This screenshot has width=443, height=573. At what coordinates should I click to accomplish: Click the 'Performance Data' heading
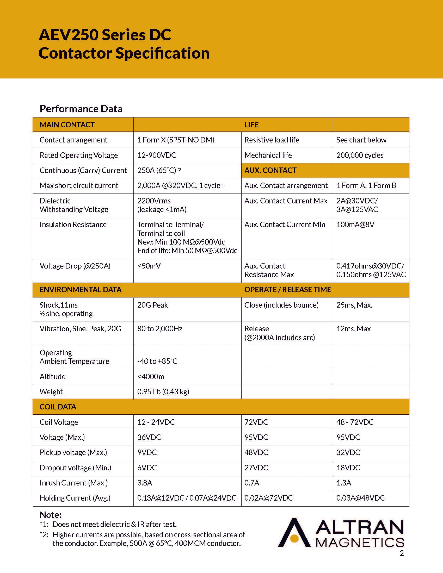coord(81,109)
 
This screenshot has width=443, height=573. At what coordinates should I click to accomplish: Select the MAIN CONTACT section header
coord(67,124)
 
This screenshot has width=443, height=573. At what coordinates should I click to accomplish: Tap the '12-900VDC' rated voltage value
coord(157,155)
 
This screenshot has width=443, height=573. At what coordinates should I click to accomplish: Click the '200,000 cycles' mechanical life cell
coord(360,155)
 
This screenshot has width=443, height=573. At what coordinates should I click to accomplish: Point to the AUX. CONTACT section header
coord(270,171)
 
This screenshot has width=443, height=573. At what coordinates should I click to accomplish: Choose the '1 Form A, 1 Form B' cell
coord(366,186)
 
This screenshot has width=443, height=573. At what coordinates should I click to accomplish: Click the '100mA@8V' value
coord(355,225)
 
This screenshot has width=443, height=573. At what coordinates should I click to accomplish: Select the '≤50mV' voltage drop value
coord(149,266)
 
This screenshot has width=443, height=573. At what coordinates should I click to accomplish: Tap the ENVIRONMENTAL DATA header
coord(80,290)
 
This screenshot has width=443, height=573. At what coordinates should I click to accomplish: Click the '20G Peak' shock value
coord(152,305)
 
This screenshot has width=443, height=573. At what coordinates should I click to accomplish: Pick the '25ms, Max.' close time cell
coord(354,305)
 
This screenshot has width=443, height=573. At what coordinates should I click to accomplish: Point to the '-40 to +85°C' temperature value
coord(157,361)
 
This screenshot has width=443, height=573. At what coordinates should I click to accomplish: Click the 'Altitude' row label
coord(52,377)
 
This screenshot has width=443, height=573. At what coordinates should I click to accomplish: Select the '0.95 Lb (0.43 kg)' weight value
coord(163,392)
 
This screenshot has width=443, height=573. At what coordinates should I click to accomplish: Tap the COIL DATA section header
coord(58,407)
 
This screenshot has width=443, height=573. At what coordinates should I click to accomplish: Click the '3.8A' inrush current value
coord(145,483)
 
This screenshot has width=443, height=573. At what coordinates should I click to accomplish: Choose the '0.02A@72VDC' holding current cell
coord(268,498)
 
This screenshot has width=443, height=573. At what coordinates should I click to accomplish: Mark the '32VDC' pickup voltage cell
coord(348,453)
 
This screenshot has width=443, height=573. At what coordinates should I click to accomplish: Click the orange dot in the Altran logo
coord(294,539)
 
